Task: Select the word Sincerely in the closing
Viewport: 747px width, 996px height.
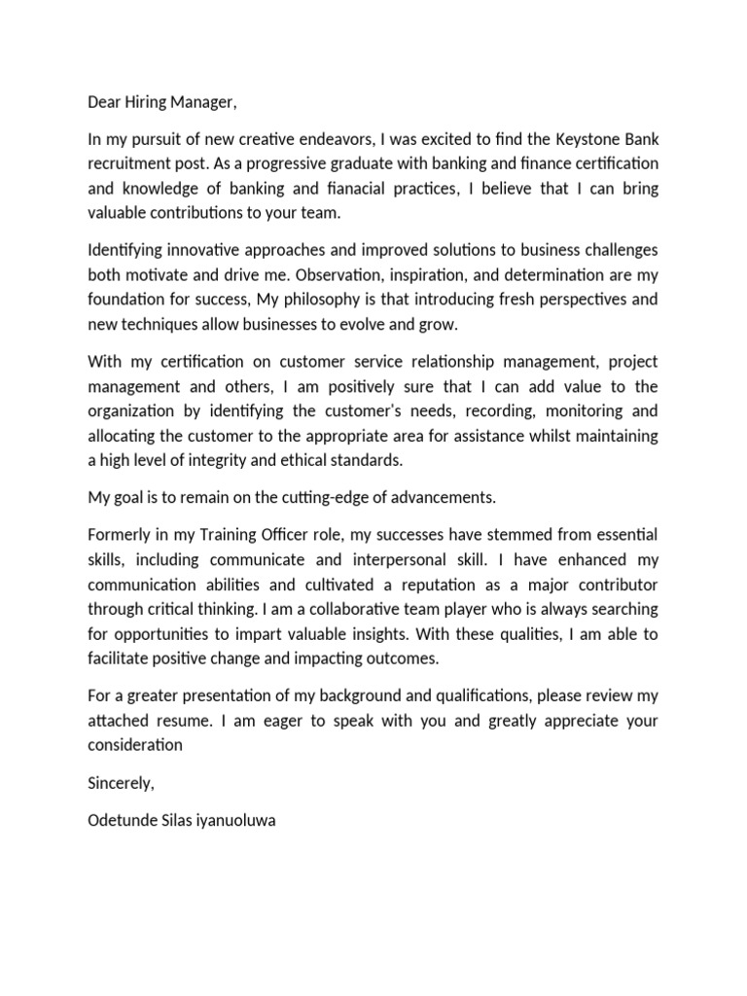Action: (121, 783)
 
